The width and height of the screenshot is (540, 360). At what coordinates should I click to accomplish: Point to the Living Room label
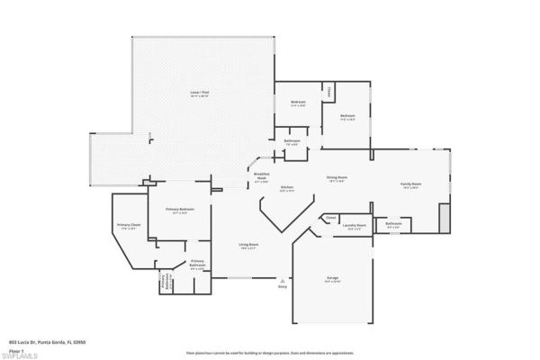click(x=248, y=247)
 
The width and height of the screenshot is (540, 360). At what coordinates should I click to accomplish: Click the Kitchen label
click(x=287, y=190)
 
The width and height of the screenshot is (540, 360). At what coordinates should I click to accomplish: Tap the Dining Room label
click(x=337, y=179)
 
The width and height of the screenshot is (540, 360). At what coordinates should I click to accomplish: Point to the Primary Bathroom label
click(x=197, y=263)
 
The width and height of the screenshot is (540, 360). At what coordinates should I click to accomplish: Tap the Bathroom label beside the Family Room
click(x=393, y=225)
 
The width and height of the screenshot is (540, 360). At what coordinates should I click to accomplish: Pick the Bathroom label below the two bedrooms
click(x=292, y=141)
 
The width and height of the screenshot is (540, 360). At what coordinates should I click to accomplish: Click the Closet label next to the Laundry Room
click(x=331, y=217)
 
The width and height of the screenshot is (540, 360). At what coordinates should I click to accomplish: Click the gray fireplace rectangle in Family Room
click(x=443, y=216)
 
